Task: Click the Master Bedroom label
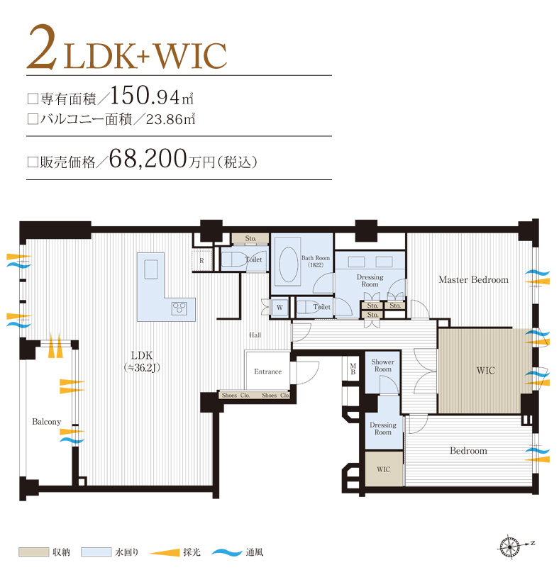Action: (473, 279)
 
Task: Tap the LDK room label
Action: (142, 355)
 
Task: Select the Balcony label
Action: (46, 422)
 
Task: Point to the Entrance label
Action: (267, 371)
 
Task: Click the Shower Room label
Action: (382, 365)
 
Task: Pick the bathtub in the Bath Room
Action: (289, 264)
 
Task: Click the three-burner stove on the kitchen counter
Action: (179, 308)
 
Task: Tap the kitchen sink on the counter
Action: (151, 269)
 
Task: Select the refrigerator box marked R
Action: (201, 261)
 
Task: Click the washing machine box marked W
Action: (279, 308)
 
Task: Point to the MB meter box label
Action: (353, 369)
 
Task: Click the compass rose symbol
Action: (509, 547)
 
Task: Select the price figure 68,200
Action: (148, 158)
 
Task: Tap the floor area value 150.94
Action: (145, 96)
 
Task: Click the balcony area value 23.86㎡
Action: (170, 119)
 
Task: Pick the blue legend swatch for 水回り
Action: (96, 552)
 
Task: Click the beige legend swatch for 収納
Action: (34, 552)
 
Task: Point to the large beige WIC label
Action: (485, 370)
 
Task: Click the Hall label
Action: (255, 335)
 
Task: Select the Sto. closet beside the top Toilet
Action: (250, 238)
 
